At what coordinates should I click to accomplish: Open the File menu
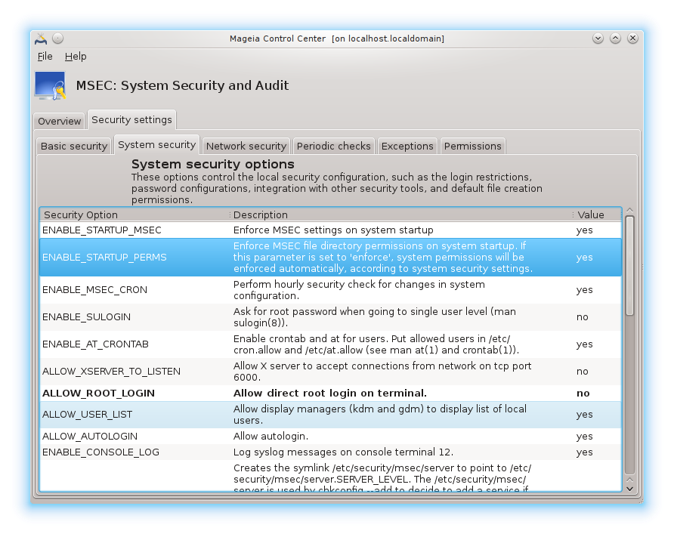pyautogui.click(x=45, y=57)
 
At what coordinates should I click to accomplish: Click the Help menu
pyautogui.click(x=76, y=57)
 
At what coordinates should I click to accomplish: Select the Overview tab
pyautogui.click(x=60, y=122)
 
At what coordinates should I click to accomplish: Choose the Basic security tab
pyautogui.click(x=74, y=146)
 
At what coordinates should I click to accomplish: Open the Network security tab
pyautogui.click(x=246, y=146)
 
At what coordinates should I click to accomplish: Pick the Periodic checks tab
pyautogui.click(x=334, y=146)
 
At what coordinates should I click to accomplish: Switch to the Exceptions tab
pyautogui.click(x=407, y=146)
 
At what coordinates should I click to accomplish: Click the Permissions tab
pyautogui.click(x=473, y=146)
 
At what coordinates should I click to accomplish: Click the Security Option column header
pyautogui.click(x=81, y=215)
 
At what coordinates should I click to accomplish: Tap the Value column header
pyautogui.click(x=591, y=215)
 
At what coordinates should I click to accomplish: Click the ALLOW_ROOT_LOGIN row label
pyautogui.click(x=99, y=394)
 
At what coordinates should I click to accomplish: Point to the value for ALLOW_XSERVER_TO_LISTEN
pyautogui.click(x=583, y=372)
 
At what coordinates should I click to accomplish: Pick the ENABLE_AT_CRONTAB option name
pyautogui.click(x=96, y=344)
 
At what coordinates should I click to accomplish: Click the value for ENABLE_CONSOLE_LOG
pyautogui.click(x=585, y=452)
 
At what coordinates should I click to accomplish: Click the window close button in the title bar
pyautogui.click(x=633, y=38)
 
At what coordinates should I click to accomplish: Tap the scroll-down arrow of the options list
pyautogui.click(x=629, y=488)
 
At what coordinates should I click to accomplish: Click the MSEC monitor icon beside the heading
pyautogui.click(x=50, y=86)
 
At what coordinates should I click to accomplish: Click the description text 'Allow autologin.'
pyautogui.click(x=271, y=437)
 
